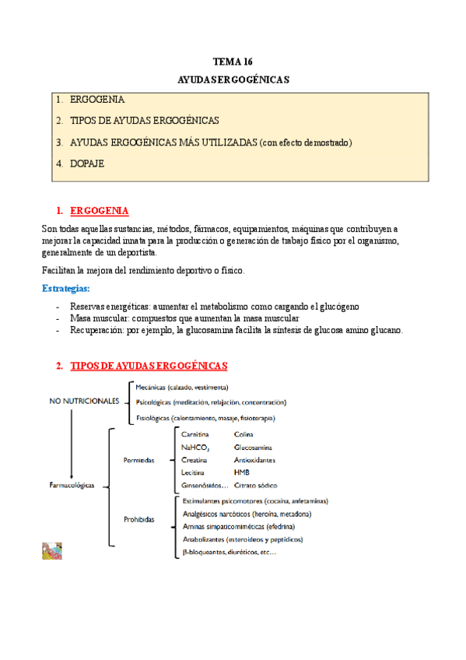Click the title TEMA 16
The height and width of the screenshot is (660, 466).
233,61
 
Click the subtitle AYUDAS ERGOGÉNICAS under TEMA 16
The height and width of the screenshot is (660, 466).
233,79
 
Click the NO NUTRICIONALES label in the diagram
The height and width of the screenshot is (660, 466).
84,401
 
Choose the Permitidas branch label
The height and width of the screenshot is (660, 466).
138,460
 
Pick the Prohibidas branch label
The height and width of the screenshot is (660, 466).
139,518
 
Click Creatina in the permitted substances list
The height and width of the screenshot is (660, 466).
194,460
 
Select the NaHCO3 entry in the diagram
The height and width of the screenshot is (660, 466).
194,448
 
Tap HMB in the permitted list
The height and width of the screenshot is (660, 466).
241,472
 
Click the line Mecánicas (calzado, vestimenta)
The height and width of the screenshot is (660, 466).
181,387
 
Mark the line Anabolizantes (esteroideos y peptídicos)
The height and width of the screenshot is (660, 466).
242,539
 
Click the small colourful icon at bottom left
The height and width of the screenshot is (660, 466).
52,552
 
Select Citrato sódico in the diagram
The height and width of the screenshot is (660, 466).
255,484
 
